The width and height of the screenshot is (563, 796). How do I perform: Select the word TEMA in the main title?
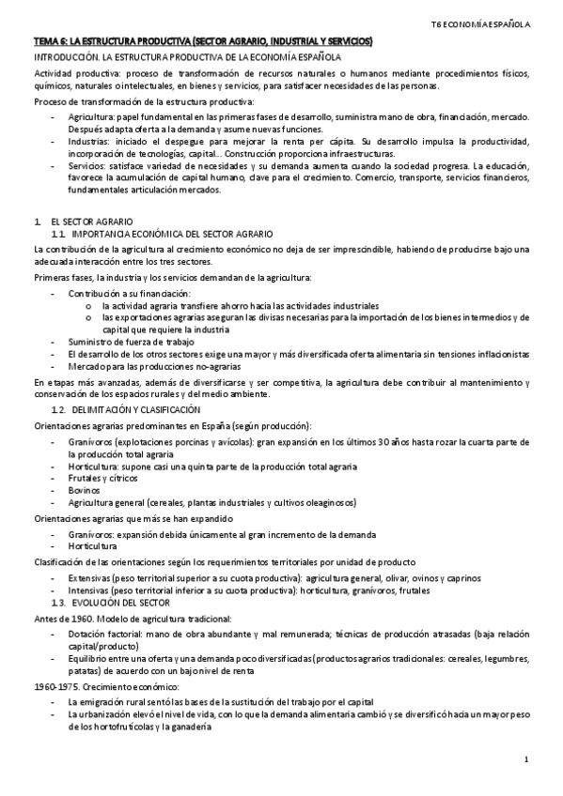(44, 42)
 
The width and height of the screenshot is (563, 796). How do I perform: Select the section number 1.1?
(57, 232)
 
